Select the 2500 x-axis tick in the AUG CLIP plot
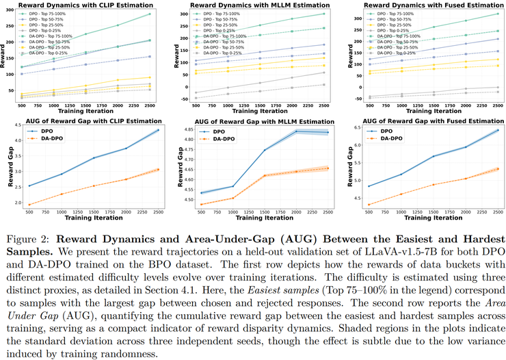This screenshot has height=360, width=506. click(158, 213)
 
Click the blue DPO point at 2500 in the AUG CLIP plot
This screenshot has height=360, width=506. click(158, 130)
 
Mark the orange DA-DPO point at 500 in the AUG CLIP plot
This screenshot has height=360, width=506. click(29, 204)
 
